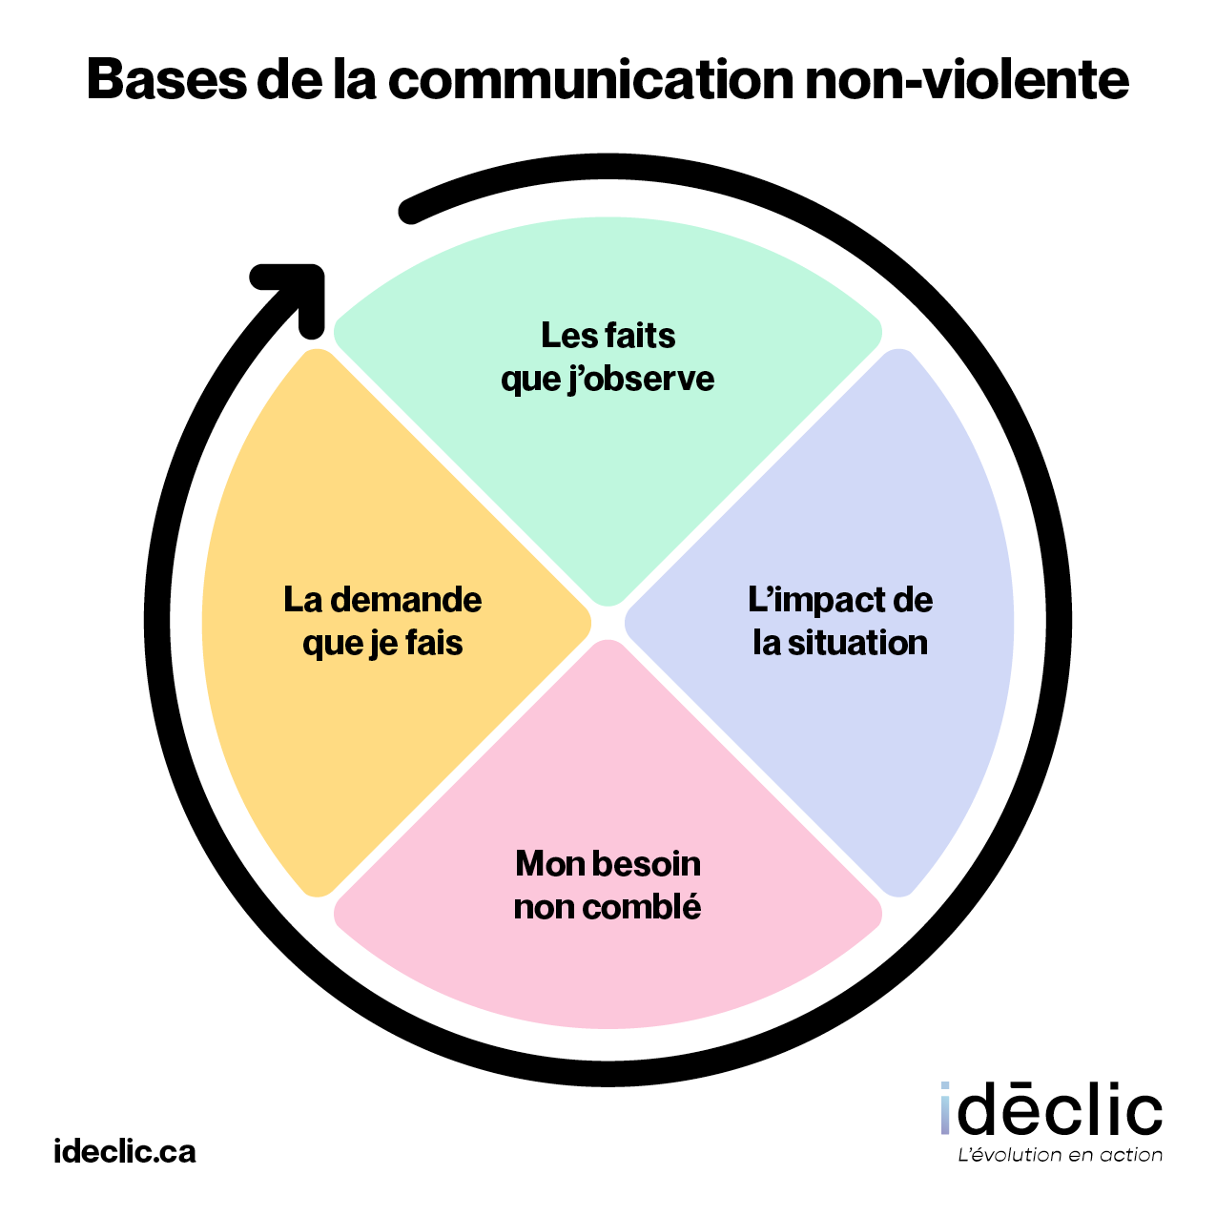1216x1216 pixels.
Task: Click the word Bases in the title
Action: point(165,80)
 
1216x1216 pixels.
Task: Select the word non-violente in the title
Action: point(966,80)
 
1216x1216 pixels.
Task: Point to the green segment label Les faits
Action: point(608,336)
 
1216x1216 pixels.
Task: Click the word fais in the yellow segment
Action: point(434,643)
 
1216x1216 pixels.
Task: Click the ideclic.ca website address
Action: point(125,1151)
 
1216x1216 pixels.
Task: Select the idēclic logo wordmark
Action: point(1051,1110)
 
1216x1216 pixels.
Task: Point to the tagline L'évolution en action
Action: point(1059,1155)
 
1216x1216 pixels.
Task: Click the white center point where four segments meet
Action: point(608,623)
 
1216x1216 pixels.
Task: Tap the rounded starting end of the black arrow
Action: point(411,212)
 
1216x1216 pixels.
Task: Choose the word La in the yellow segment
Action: point(303,600)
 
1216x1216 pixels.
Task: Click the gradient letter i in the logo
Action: point(945,1110)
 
